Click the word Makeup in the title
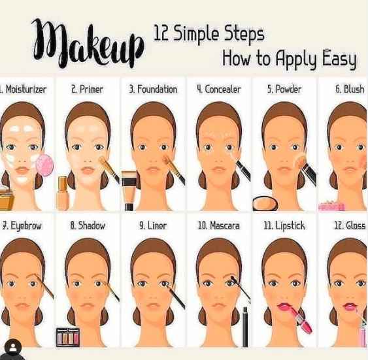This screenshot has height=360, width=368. [88, 44]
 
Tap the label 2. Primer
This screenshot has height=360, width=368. [87, 89]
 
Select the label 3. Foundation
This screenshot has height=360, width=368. [153, 89]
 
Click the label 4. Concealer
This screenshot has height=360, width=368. [218, 89]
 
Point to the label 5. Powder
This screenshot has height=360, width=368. [284, 89]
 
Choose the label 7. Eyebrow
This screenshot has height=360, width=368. [22, 225]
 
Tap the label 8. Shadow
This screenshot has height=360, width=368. [88, 225]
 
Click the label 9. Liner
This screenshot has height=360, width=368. [153, 225]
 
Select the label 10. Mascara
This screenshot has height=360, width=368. [218, 225]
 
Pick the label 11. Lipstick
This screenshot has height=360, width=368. [284, 225]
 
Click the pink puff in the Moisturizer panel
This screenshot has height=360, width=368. [44, 165]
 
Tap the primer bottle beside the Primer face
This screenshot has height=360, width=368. [63, 193]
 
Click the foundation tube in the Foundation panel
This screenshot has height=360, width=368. [129, 189]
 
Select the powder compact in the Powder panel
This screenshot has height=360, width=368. [265, 203]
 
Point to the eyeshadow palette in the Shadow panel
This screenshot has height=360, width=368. [67, 336]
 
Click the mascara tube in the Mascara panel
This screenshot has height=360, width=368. [244, 326]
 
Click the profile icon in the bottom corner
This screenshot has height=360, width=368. [12, 348]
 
